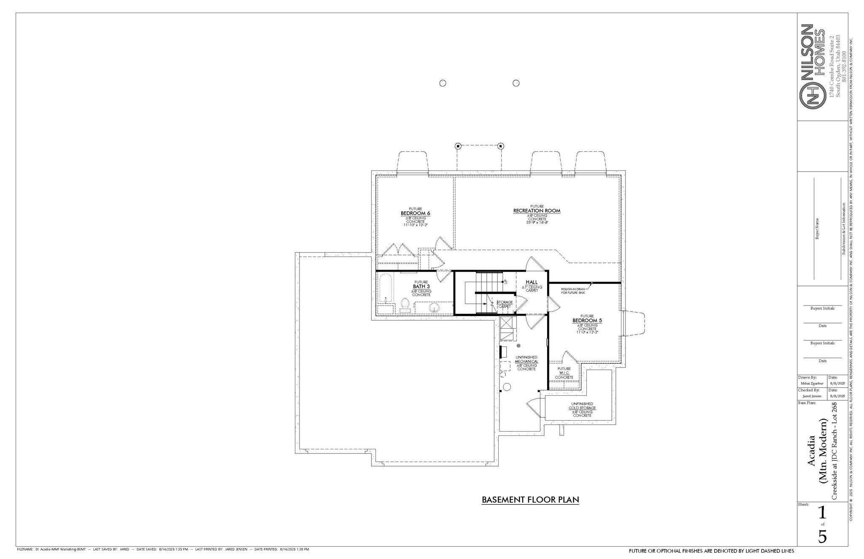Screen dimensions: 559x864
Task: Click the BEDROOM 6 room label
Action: [x=415, y=213]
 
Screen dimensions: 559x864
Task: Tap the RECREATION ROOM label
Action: [x=537, y=211]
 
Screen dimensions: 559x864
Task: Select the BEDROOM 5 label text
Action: [x=587, y=321]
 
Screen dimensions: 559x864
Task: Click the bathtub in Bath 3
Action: [x=385, y=289]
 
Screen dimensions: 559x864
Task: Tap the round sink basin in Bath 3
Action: [x=433, y=308]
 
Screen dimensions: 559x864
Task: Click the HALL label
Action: [x=532, y=282]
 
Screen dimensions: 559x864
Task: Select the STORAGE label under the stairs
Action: [x=505, y=302]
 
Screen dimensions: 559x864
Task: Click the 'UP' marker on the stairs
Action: [x=505, y=281]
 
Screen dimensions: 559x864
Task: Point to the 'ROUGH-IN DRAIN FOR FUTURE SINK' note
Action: [x=573, y=291]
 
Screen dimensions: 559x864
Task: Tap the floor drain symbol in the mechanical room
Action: [x=518, y=346]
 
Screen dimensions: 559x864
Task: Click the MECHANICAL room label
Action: [x=526, y=362]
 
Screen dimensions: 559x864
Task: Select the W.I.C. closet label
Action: [x=564, y=373]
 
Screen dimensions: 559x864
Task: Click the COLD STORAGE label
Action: [x=582, y=408]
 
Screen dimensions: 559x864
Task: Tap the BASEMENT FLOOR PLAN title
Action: [x=530, y=500]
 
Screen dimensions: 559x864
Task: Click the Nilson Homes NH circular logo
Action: [x=813, y=97]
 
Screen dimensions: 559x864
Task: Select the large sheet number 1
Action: [x=822, y=513]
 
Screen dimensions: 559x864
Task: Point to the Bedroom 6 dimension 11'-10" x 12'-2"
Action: [x=415, y=225]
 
